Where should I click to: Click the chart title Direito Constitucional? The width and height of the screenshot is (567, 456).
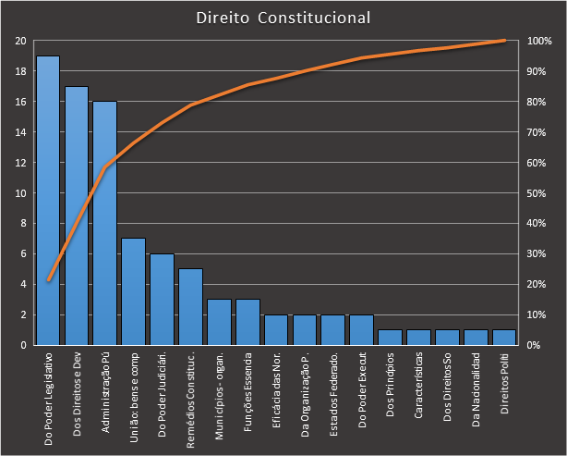[x=283, y=18]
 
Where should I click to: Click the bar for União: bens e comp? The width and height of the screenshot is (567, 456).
[x=133, y=291]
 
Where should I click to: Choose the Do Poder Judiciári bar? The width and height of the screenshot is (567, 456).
[x=162, y=299]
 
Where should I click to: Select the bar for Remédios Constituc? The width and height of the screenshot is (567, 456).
[x=190, y=306]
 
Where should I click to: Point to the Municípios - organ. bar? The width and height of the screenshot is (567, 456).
[x=219, y=322]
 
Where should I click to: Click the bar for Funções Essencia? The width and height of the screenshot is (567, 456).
[x=247, y=322]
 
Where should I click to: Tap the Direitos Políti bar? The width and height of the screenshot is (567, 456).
[x=504, y=337]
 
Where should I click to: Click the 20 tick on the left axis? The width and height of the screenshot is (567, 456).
[x=20, y=42]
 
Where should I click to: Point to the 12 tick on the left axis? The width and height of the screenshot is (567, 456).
[x=20, y=163]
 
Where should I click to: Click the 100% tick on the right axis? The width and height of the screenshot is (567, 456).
[x=540, y=42]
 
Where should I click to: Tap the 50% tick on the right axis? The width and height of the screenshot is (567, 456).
[x=538, y=193]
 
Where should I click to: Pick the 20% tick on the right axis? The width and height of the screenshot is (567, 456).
[x=538, y=284]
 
